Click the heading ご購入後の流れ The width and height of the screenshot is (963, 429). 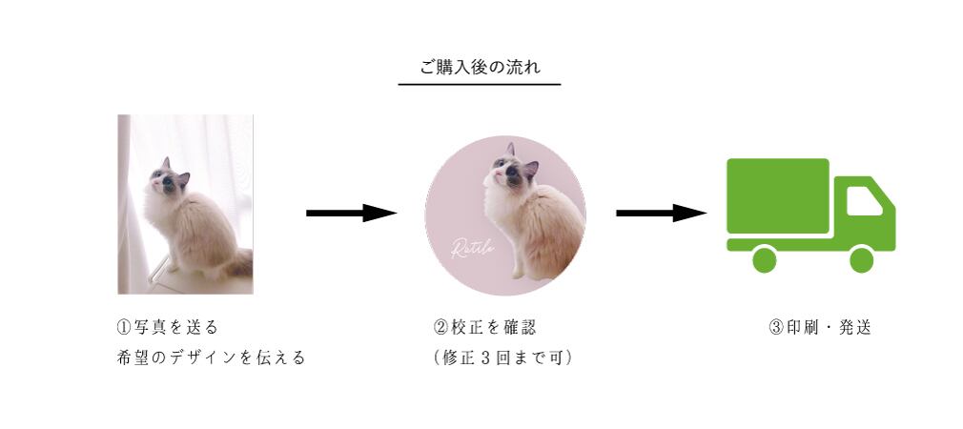480,67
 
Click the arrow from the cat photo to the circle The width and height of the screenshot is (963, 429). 350,213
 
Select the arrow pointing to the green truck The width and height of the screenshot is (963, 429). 661,213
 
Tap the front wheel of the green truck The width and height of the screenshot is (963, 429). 861,258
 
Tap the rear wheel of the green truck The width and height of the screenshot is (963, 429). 764,258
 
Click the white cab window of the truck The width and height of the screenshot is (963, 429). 863,201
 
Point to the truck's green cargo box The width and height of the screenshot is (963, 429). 777,196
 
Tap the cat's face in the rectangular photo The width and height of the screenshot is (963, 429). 167,180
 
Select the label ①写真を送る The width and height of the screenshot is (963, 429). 167,328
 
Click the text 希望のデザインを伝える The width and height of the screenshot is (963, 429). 211,358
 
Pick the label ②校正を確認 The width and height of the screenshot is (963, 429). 484,328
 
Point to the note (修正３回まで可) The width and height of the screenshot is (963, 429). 502,358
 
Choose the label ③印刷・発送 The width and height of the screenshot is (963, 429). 819,328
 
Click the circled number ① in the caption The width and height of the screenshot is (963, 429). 124,328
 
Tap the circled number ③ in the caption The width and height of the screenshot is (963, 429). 775,328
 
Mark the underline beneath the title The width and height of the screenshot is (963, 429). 480,85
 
